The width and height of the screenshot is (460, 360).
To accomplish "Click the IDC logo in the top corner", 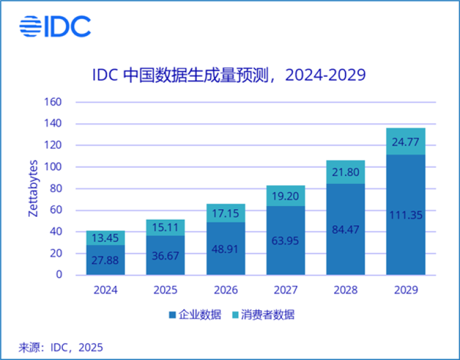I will coord(55,26).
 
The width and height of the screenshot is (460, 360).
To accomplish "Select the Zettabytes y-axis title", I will coord(34,189).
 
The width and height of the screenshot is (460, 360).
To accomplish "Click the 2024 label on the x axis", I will coord(105,290).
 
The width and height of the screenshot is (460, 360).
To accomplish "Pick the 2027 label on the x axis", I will coord(286,290).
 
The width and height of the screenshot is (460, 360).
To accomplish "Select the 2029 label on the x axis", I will coord(406,290).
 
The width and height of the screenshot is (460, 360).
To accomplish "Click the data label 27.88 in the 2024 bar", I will coord(105,260).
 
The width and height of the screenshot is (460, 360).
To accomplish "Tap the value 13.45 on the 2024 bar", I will coord(105,238).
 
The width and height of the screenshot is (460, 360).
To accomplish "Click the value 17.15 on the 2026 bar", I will coord(226,213).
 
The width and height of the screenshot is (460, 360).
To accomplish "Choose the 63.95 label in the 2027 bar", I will coord(286,241).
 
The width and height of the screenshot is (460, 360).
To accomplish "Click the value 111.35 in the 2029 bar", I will coord(406,215).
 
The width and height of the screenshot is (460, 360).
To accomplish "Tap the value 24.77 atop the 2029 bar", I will coord(406,142).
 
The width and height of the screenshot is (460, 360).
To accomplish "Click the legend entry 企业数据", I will coord(195,314).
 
